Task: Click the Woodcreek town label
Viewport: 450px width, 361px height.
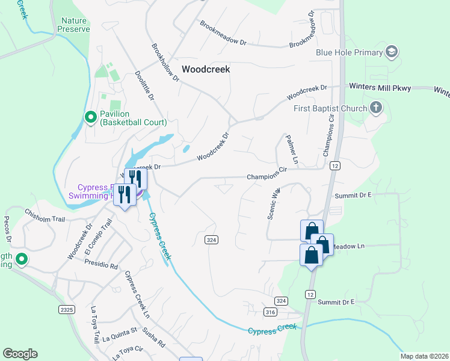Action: tap(206, 69)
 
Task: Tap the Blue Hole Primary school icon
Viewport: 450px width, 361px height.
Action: tap(392, 52)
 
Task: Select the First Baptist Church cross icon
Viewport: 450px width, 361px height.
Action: tap(376, 108)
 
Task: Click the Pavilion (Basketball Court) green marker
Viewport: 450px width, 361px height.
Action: tap(91, 117)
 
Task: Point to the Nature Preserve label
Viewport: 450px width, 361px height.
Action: tap(75, 25)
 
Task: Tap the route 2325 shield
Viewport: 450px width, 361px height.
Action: tap(67, 309)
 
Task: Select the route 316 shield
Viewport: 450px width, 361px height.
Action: tap(270, 312)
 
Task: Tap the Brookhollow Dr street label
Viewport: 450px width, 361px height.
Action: tap(165, 62)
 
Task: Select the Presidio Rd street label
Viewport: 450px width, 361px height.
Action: tap(100, 264)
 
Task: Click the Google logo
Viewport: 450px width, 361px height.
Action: tap(20, 354)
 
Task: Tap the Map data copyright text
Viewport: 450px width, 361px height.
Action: tap(425, 356)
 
